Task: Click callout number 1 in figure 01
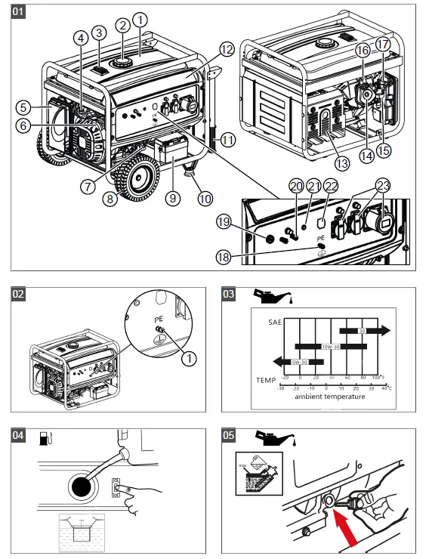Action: [x=140, y=18]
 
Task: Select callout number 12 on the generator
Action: [x=226, y=51]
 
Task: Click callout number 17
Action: [x=384, y=45]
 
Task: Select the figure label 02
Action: [x=20, y=295]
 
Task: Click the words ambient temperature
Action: [x=329, y=397]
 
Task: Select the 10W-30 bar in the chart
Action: [x=333, y=347]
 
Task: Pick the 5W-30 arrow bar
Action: [x=290, y=362]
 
